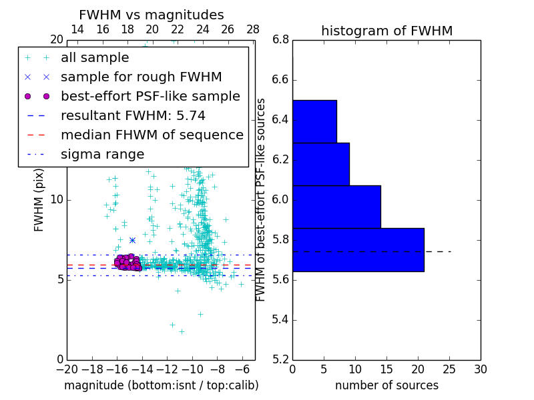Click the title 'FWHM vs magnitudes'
(x=152, y=15)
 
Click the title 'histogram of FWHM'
(x=386, y=31)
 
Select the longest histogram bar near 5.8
(x=358, y=249)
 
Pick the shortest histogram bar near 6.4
(x=314, y=121)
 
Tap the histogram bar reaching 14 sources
(x=336, y=207)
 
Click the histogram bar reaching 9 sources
(x=320, y=164)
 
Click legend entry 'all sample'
(x=95, y=58)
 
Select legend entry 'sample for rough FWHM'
(x=141, y=77)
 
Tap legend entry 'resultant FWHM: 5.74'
(x=133, y=116)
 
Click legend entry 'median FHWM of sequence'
(x=152, y=135)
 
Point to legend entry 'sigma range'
(x=102, y=155)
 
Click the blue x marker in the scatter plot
(x=132, y=240)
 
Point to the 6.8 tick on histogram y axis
(x=280, y=40)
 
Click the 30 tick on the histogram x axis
(x=480, y=369)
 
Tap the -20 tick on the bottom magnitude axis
(x=67, y=369)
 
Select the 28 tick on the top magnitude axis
(x=253, y=30)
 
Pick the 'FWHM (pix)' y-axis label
(x=39, y=200)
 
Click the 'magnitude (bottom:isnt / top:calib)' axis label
(x=161, y=385)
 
